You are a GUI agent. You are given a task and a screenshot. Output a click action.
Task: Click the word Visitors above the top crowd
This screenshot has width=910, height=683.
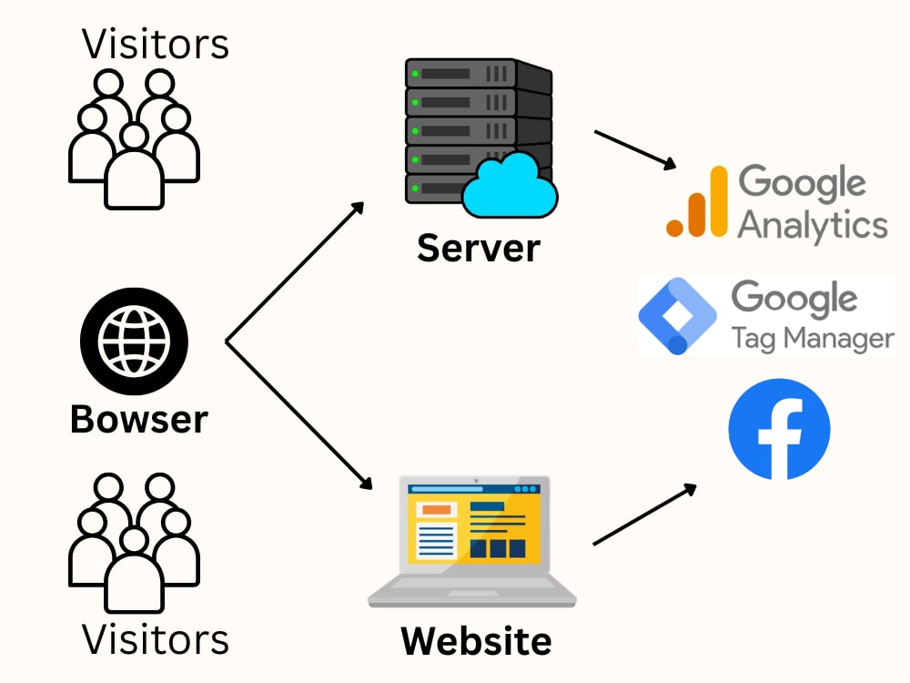pyautogui.click(x=155, y=44)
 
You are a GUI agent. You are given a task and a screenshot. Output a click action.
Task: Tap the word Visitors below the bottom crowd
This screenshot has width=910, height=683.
pyautogui.click(x=155, y=639)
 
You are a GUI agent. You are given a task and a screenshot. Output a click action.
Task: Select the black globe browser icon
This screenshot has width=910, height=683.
pyautogui.click(x=134, y=341)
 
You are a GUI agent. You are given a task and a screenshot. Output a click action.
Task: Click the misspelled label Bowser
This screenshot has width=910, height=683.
pyautogui.click(x=138, y=419)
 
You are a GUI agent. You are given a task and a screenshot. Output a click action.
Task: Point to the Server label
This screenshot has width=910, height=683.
pyautogui.click(x=479, y=248)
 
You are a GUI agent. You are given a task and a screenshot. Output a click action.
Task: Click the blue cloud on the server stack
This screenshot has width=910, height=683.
pyautogui.click(x=511, y=186)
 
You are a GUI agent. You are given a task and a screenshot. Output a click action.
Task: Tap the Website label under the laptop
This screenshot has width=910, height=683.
pyautogui.click(x=476, y=641)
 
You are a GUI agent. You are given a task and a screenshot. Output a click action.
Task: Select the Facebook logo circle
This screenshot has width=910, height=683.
pyautogui.click(x=779, y=429)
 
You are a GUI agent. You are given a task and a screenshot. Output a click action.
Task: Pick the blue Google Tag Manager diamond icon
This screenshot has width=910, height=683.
pyautogui.click(x=677, y=316)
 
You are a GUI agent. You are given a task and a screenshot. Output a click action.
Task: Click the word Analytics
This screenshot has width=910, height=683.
pyautogui.click(x=813, y=226)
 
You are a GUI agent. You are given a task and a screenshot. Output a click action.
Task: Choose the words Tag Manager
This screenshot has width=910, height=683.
pyautogui.click(x=813, y=338)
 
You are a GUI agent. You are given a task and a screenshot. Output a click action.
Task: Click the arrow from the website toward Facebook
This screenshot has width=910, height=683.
pyautogui.click(x=645, y=514)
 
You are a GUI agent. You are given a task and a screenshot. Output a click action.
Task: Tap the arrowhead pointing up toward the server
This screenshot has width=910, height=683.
pyautogui.click(x=358, y=209)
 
